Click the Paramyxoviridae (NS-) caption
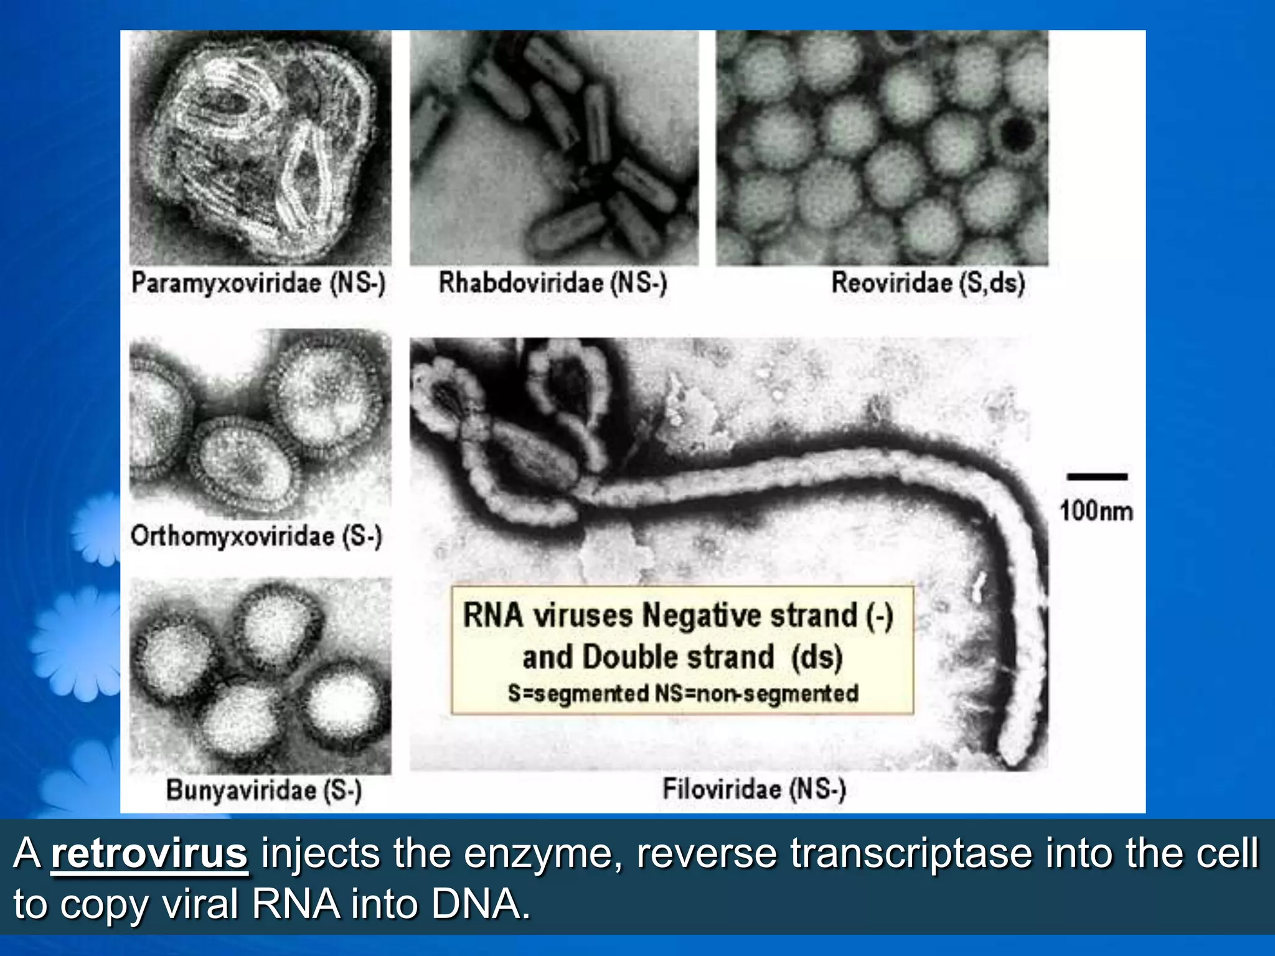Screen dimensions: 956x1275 point(258,283)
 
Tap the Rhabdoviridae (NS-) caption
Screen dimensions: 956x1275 point(553,283)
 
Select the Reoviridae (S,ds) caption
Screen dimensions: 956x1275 point(928,283)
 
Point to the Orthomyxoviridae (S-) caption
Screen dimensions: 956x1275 point(256,537)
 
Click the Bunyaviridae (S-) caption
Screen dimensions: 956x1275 point(263,790)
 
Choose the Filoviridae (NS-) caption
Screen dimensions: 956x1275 point(754,789)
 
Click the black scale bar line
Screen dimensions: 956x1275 point(1097,477)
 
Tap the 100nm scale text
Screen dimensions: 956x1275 point(1096,512)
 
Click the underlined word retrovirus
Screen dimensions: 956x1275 point(149,854)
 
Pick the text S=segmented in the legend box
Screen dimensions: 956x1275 point(578,693)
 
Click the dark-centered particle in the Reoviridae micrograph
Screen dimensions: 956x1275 point(1017,134)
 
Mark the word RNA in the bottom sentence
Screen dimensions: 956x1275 point(296,904)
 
